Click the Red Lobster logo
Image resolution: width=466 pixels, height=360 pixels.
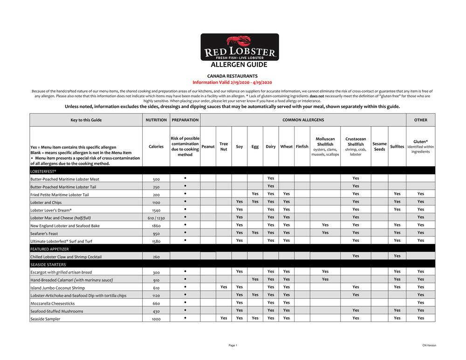(240, 47)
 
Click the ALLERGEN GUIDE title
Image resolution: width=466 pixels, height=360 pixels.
(239, 65)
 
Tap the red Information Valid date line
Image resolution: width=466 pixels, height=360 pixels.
(232, 82)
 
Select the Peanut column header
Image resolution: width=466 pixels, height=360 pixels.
(208, 147)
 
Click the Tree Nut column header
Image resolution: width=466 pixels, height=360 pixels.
(224, 147)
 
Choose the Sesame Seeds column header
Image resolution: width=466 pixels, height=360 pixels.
(379, 147)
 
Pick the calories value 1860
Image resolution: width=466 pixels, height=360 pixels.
(156, 226)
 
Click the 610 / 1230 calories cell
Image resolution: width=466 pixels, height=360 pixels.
(156, 218)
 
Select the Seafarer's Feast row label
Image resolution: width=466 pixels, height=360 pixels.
(44, 234)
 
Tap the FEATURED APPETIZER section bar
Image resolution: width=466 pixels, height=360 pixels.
(232, 249)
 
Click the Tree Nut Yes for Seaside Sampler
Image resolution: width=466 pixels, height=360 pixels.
(224, 318)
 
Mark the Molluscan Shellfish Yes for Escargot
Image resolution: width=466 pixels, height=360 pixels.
(325, 272)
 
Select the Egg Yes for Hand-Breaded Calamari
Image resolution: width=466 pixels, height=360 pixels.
(255, 279)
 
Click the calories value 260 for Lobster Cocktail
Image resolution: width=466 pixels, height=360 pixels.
(156, 257)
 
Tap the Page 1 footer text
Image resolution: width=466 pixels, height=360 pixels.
(233, 346)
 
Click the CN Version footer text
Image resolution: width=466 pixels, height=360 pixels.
(429, 346)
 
